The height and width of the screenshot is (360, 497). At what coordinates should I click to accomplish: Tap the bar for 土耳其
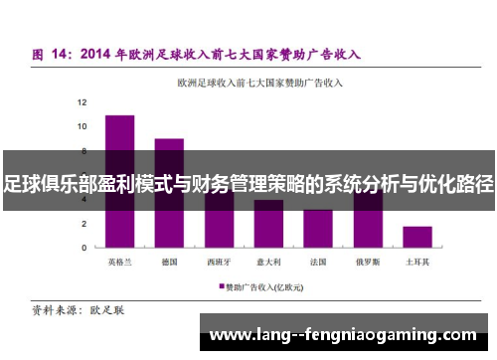pos(417,237)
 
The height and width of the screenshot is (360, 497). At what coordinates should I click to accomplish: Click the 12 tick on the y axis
pos(83,102)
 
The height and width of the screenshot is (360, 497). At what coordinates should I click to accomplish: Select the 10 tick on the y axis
pos(83,126)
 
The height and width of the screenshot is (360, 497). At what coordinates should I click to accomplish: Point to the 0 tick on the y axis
pos(84,248)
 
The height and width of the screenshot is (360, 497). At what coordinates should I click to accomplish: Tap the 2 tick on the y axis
pos(84,223)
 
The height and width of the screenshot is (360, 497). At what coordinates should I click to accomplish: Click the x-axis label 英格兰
pos(120,262)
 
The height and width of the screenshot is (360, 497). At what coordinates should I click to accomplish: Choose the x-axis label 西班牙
pos(219,262)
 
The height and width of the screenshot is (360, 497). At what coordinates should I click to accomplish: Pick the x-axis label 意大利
pos(268,262)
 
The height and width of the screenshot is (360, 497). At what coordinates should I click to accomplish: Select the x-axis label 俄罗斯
pos(368,262)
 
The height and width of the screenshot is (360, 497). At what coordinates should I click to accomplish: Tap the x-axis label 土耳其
pos(417,262)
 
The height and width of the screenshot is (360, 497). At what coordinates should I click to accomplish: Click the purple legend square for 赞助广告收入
pos(221,286)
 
